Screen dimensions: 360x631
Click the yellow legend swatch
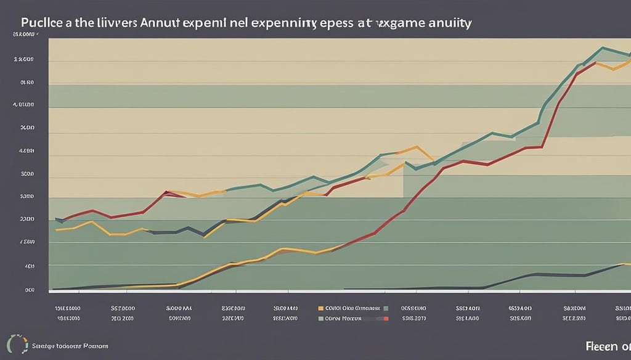coord(320,306)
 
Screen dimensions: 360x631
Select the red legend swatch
coord(386,319)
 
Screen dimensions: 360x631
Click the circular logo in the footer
coord(14,343)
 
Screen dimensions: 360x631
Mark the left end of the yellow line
coord(56,230)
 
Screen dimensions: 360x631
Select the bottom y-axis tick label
coord(29,289)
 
